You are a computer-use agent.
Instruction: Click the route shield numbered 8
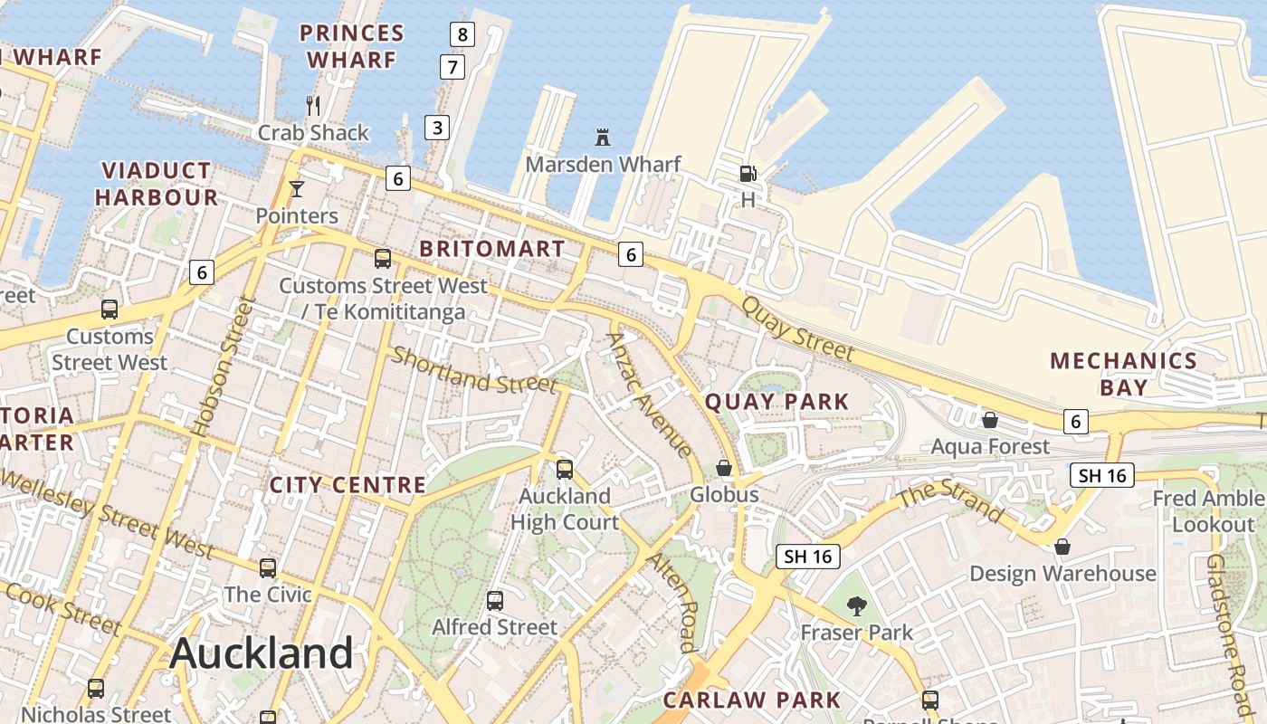pyautogui.click(x=462, y=35)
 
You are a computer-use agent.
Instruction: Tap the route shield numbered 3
pyautogui.click(x=437, y=127)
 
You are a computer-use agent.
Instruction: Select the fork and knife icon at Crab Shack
pyautogui.click(x=313, y=106)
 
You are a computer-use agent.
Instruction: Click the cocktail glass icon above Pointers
pyautogui.click(x=296, y=189)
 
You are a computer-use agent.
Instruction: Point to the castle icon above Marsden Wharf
pyautogui.click(x=603, y=138)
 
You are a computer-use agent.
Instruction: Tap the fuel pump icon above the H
pyautogui.click(x=748, y=173)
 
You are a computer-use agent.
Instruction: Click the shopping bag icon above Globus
pyautogui.click(x=724, y=468)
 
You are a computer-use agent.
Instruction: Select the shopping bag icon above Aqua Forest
pyautogui.click(x=990, y=420)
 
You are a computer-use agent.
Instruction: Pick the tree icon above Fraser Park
pyautogui.click(x=856, y=605)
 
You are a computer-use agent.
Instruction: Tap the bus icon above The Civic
pyautogui.click(x=268, y=568)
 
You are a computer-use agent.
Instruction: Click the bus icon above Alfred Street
pyautogui.click(x=494, y=600)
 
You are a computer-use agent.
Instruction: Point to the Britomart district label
pyautogui.click(x=492, y=249)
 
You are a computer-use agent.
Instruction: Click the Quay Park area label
pyautogui.click(x=776, y=402)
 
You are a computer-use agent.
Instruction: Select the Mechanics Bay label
pyautogui.click(x=1123, y=374)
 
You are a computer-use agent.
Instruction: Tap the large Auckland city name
pyautogui.click(x=262, y=653)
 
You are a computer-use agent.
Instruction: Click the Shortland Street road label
pyautogui.click(x=474, y=370)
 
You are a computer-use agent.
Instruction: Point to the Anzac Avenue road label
pyautogui.click(x=650, y=395)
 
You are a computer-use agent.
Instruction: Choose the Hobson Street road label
pyautogui.click(x=218, y=367)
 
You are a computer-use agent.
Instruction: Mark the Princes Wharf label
pyautogui.click(x=351, y=46)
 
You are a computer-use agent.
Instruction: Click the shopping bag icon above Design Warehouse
pyautogui.click(x=1062, y=548)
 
